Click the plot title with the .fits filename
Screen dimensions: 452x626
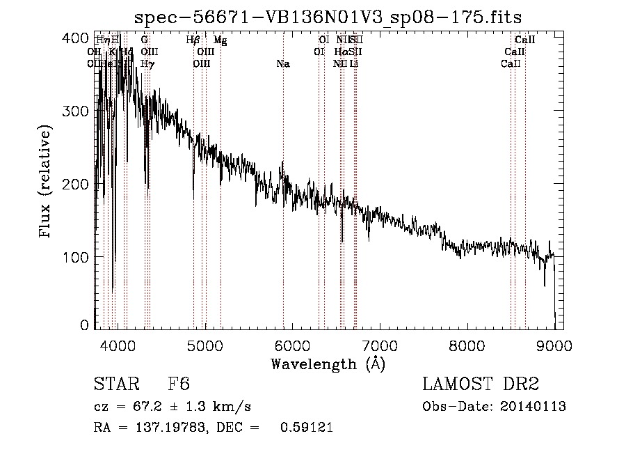coord(328,17)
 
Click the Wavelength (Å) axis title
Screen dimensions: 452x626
coord(328,364)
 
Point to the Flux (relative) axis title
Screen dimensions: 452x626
coord(47,182)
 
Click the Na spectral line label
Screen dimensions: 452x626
coord(283,64)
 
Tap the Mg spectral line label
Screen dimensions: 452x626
coord(220,40)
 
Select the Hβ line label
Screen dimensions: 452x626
coord(193,40)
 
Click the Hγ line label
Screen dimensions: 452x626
coord(147,64)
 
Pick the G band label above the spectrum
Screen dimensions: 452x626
coord(144,40)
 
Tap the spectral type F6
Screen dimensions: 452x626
coord(179,384)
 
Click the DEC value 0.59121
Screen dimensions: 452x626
coord(306,428)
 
